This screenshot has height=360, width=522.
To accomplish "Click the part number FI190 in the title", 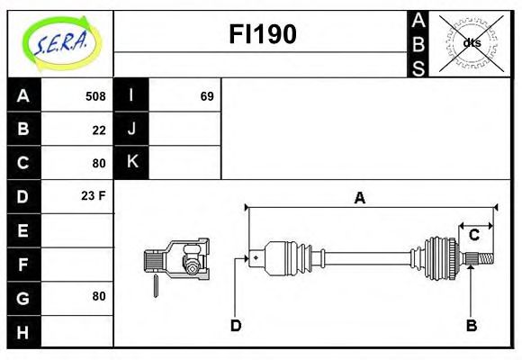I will (x=262, y=35).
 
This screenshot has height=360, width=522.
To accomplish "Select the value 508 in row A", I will (x=95, y=96).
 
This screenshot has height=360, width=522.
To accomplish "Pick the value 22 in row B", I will (x=99, y=130).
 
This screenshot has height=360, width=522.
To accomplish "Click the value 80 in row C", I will (x=99, y=163).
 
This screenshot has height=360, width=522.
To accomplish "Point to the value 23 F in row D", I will (x=94, y=195).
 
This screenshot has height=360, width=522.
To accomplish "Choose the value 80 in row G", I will (x=99, y=296).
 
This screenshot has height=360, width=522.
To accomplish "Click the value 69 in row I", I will (x=207, y=96).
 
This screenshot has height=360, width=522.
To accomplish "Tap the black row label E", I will (x=23, y=230).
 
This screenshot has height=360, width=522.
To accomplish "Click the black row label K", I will (x=132, y=162).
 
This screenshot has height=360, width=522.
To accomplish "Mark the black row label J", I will (x=132, y=129).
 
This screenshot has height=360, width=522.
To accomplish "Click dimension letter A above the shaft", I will (x=360, y=198).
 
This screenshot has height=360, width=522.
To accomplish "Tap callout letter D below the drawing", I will (x=236, y=325).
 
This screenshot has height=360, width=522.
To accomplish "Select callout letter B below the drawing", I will (x=471, y=325).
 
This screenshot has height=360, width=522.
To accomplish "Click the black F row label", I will (x=23, y=264).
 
